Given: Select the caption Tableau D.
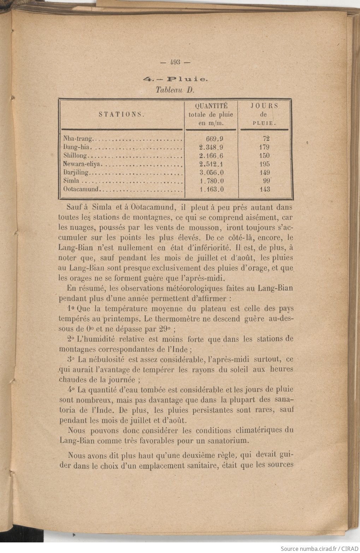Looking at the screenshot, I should click(x=175, y=90).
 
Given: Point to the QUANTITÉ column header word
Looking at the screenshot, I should click(x=211, y=106).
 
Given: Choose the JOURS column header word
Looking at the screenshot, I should click(x=264, y=106).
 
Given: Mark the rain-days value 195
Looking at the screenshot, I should click(x=265, y=164).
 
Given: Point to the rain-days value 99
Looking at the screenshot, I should click(x=266, y=181).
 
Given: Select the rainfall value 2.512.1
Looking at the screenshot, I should click(x=211, y=164).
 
